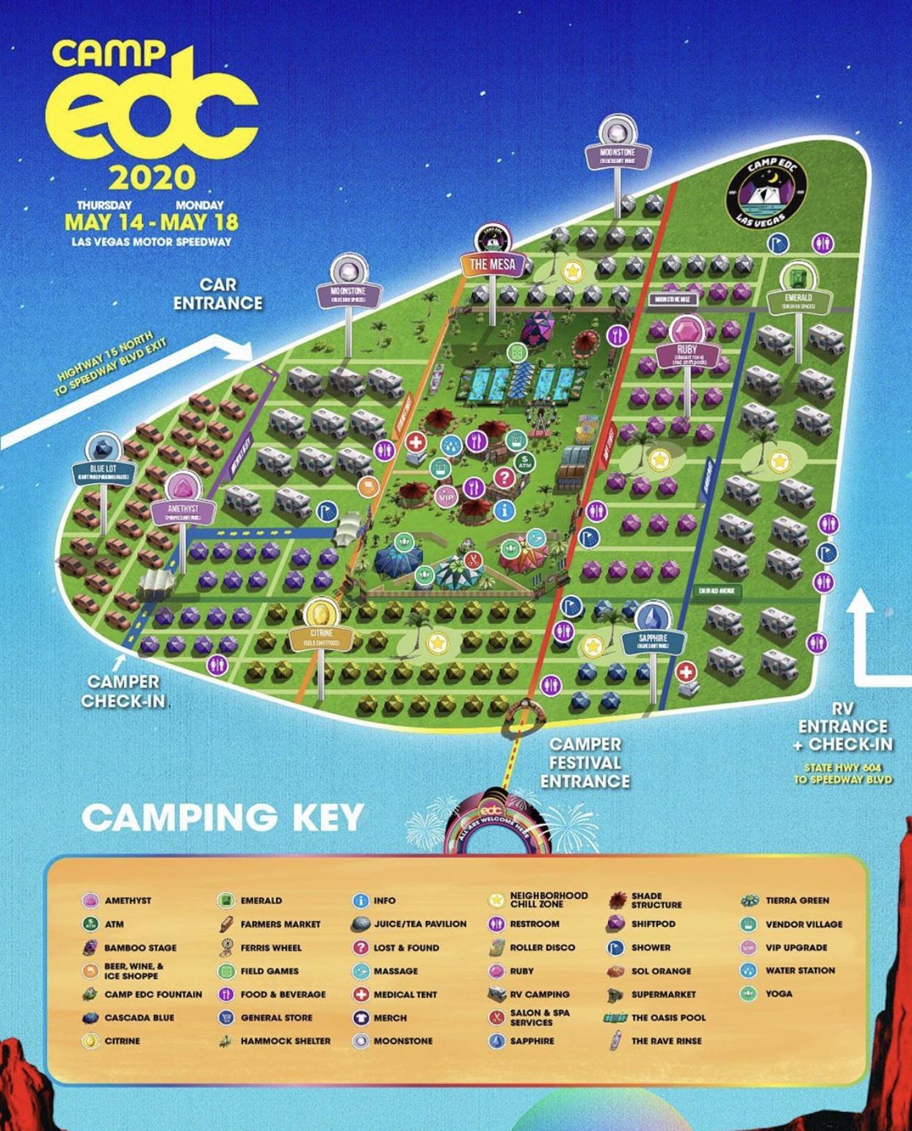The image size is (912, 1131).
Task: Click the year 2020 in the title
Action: click(152, 177)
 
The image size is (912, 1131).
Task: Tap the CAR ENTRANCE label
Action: click(218, 294)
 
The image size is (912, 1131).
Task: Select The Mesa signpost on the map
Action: click(493, 264)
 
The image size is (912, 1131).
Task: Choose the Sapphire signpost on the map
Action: click(653, 639)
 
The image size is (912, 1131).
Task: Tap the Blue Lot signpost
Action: click(104, 470)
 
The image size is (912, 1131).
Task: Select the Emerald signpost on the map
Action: click(798, 299)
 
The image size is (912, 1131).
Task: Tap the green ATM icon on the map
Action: click(524, 462)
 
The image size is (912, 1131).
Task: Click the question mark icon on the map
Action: click(504, 477)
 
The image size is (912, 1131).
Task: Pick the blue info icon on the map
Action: click(504, 510)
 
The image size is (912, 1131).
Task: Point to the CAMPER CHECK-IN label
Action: click(123, 691)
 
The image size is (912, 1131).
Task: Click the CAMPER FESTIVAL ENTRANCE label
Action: click(585, 763)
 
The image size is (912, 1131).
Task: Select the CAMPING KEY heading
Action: click(223, 817)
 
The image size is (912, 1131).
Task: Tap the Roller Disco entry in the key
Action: click(542, 947)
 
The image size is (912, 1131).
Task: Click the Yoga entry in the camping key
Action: click(778, 994)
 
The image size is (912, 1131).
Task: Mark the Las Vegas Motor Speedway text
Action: click(151, 242)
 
